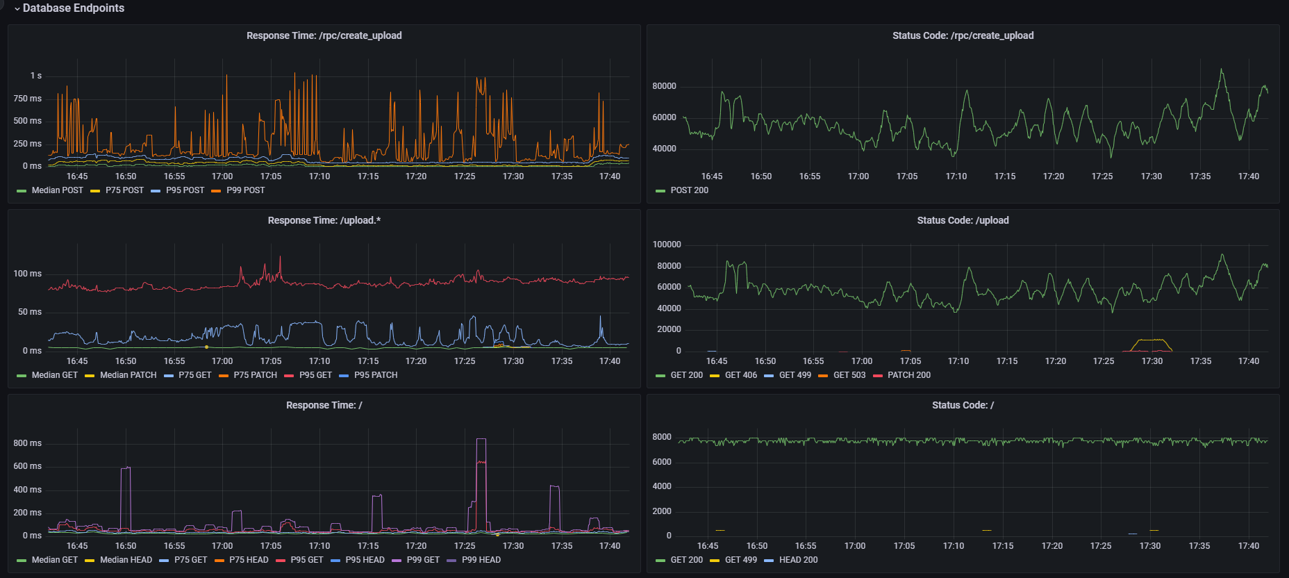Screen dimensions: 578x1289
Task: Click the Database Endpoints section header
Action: click(x=73, y=8)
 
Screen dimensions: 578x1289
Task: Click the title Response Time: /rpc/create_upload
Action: click(x=324, y=35)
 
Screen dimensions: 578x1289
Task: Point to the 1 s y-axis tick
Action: click(x=35, y=76)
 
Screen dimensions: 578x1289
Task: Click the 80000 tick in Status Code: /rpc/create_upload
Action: click(x=664, y=86)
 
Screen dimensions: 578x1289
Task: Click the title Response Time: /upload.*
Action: click(x=324, y=220)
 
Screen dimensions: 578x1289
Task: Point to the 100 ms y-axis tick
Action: click(x=28, y=274)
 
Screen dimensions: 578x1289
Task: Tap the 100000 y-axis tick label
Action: click(x=667, y=245)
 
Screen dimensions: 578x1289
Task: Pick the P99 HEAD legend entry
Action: click(x=481, y=560)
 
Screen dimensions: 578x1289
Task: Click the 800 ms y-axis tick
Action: click(x=28, y=443)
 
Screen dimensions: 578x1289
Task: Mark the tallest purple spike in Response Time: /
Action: click(x=481, y=440)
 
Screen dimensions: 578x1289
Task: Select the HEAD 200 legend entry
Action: click(x=798, y=560)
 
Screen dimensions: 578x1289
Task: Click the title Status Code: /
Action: click(x=963, y=405)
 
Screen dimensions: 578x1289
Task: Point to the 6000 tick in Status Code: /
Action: click(x=662, y=462)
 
